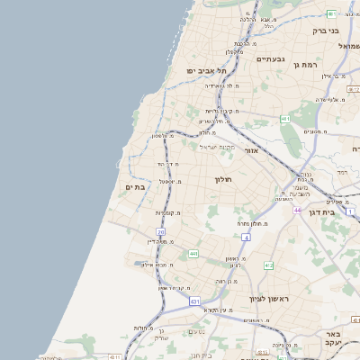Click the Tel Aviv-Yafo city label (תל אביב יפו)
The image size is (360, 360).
204,70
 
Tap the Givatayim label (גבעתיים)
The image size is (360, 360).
270,59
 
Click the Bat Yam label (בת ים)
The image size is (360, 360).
134,186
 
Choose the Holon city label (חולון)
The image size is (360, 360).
223,180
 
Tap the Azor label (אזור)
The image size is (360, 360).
252,150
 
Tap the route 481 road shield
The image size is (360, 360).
285,119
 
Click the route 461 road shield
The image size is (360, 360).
332,13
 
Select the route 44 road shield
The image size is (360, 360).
297,210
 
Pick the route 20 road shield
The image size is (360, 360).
161,232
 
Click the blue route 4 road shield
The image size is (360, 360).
245,237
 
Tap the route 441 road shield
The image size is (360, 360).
193,255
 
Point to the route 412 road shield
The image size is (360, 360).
268,265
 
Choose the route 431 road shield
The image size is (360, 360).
194,301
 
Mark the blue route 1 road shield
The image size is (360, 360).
350,212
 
